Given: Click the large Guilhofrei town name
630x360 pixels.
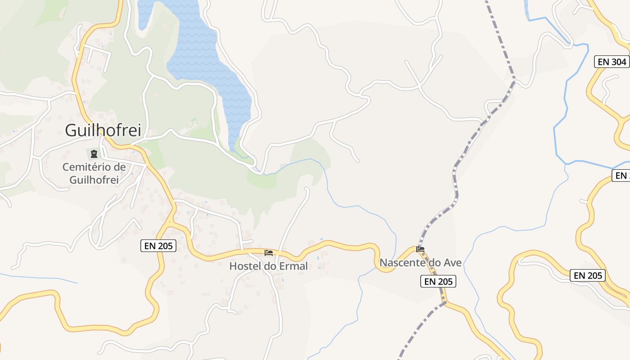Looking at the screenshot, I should [103, 130].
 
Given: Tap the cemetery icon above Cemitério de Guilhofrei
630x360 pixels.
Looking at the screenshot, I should [94, 154].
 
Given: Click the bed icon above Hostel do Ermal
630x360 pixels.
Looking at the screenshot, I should [269, 252].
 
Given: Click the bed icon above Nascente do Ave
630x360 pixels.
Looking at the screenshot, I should [421, 249].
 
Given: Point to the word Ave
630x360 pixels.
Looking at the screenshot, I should [453, 262].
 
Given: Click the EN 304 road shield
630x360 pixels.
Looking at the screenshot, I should [612, 62].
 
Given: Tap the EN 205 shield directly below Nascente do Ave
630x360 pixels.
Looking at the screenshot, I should [439, 282].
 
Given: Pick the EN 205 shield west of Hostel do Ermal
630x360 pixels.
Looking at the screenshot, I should [158, 246].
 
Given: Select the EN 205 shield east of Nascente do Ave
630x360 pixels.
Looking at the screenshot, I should [587, 275].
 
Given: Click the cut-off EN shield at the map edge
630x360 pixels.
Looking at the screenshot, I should [621, 175].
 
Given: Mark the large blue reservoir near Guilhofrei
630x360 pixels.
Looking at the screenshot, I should [211, 67].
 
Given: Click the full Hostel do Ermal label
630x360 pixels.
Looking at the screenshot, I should [269, 266].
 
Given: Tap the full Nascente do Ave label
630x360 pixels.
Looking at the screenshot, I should [421, 262].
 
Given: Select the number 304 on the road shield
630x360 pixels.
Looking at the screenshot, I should [619, 62].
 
